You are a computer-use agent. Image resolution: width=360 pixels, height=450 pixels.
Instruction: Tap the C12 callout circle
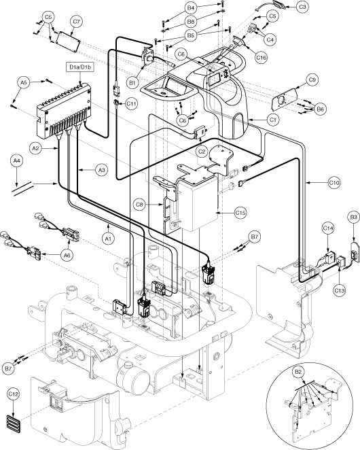coord(14,394)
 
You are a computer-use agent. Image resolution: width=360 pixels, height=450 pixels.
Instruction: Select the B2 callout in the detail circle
coord(298,372)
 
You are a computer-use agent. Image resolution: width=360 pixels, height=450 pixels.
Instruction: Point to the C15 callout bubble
coord(240,213)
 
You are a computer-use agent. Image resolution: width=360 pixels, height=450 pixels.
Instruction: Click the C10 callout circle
coord(334,182)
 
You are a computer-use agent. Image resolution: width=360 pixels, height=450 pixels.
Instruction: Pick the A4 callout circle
coord(16,160)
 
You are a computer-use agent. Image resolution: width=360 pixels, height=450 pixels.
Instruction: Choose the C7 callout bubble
coord(76,21)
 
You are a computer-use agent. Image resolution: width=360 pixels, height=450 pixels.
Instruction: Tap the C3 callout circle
coord(302,7)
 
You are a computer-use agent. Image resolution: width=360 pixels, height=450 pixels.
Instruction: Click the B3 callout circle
coord(354,218)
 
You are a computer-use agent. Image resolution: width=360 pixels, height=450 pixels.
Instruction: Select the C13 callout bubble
coord(340,291)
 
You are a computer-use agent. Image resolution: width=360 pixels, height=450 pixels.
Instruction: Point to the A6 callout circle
coord(67,254)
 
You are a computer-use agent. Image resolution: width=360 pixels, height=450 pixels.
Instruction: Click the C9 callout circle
coord(312,80)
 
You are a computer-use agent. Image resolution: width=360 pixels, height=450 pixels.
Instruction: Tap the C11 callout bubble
coord(132,103)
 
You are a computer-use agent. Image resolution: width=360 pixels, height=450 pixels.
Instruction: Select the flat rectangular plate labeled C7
coord(68,41)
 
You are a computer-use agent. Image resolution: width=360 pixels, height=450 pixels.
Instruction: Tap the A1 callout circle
coord(108,238)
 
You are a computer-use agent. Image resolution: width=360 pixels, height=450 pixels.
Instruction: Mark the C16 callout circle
coord(261,58)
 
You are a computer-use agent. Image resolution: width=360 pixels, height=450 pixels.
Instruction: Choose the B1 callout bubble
coord(132,83)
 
